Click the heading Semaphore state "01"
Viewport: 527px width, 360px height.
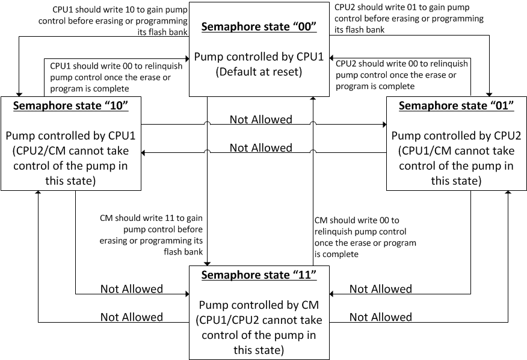point(457,105)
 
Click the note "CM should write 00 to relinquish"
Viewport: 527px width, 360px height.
point(365,237)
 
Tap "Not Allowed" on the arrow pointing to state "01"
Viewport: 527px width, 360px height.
point(260,119)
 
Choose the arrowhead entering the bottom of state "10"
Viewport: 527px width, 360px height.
point(39,194)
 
